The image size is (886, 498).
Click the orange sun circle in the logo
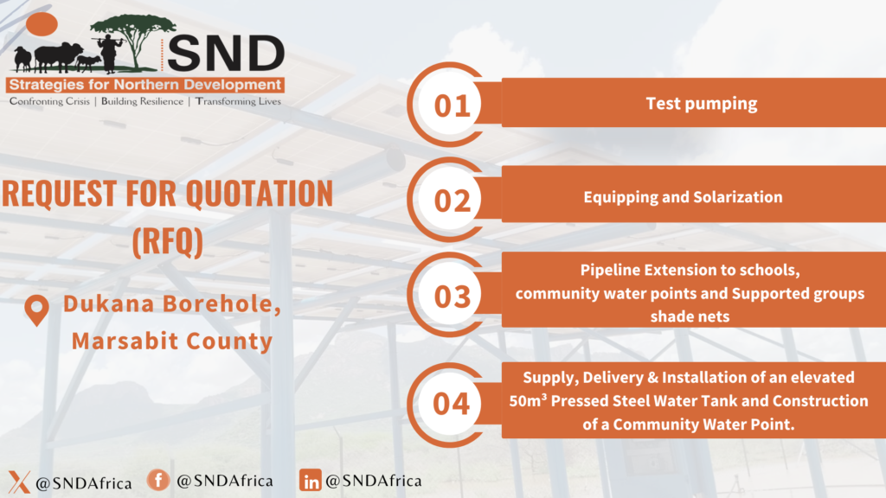(42, 24)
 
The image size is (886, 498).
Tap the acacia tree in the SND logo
(133, 41)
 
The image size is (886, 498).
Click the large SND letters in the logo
(226, 54)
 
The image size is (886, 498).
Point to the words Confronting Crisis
(49, 102)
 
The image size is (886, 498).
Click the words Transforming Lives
(238, 102)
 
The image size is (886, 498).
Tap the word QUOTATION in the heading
(260, 194)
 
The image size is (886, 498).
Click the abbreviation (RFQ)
(167, 242)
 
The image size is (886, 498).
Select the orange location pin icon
(36, 310)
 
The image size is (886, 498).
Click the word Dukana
(108, 303)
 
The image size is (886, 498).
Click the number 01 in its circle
(452, 105)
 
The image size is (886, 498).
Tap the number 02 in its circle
(452, 201)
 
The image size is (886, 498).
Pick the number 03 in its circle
(452, 297)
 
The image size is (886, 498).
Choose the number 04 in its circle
(452, 404)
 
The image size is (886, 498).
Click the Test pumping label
(701, 104)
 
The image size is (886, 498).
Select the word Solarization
(738, 197)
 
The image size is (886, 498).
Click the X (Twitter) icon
(19, 482)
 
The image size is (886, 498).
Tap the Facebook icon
(158, 480)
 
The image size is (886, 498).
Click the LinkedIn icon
(311, 480)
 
